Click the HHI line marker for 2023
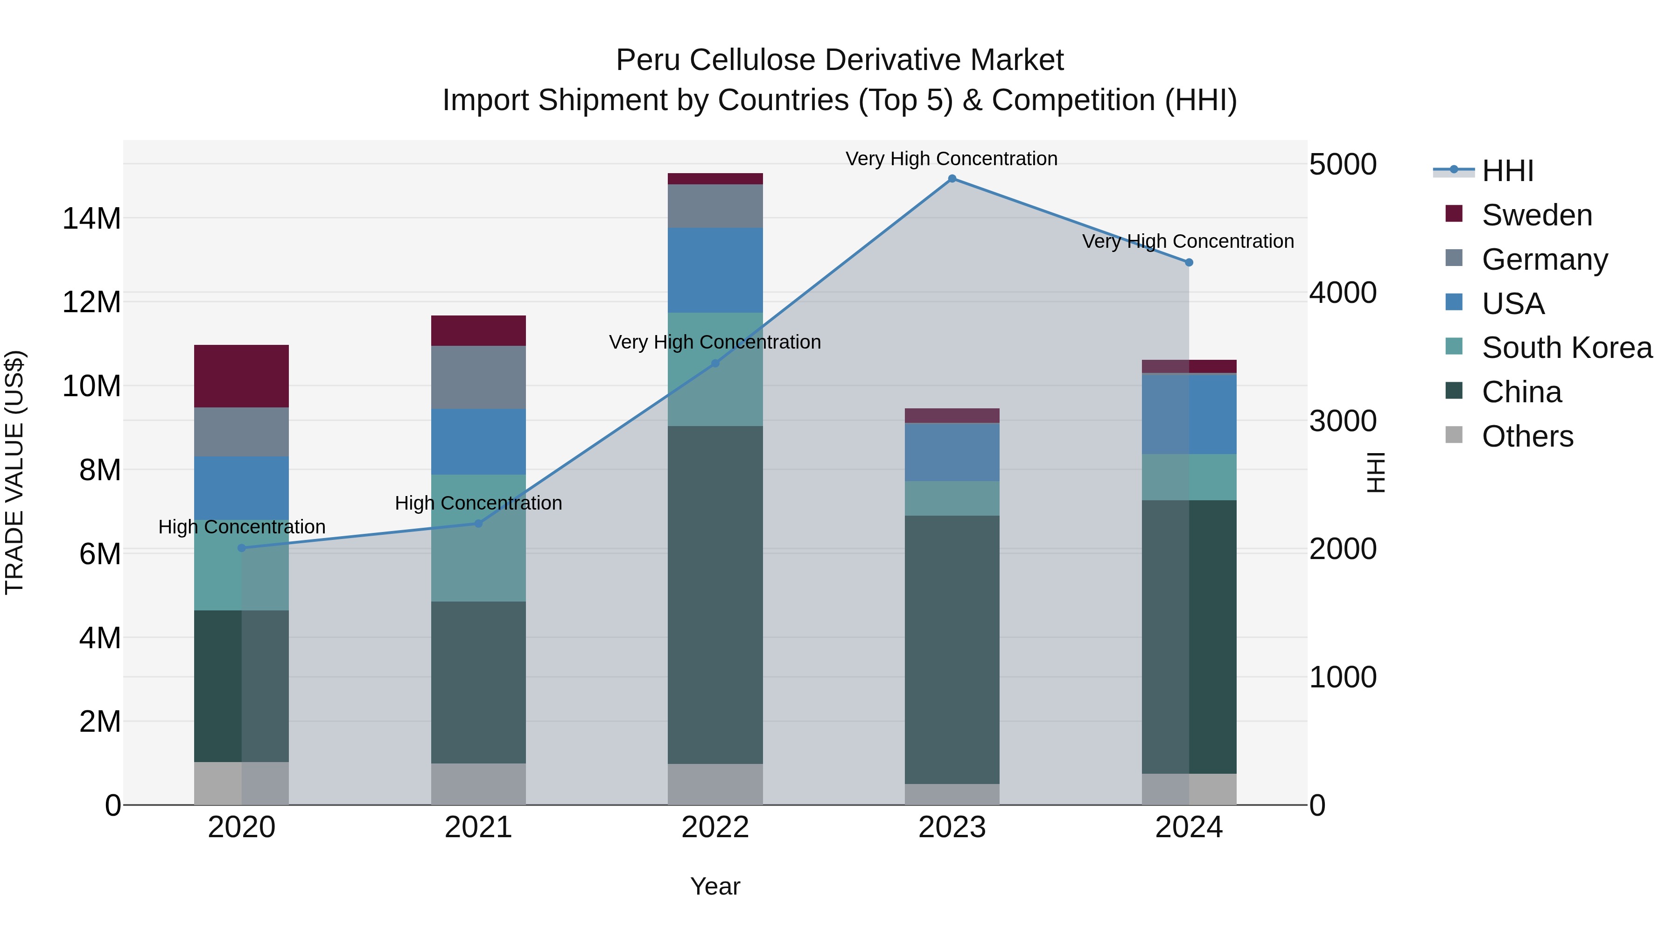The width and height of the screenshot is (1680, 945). point(952,179)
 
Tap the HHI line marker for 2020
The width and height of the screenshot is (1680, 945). point(241,548)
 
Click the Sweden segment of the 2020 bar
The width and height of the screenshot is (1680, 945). point(241,376)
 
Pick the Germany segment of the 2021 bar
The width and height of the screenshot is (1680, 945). point(478,378)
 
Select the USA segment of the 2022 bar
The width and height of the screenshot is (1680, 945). point(715,270)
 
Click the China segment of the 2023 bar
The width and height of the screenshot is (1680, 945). point(952,650)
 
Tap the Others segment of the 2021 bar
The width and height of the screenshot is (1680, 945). point(478,784)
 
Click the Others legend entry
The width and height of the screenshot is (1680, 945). point(1527,436)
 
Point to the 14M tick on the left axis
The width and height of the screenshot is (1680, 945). point(91,218)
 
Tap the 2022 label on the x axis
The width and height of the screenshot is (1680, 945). point(715,827)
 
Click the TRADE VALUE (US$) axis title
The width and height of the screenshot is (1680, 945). point(14,472)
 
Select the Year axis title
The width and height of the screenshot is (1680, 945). point(715,886)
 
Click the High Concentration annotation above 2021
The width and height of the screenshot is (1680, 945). point(478,503)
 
